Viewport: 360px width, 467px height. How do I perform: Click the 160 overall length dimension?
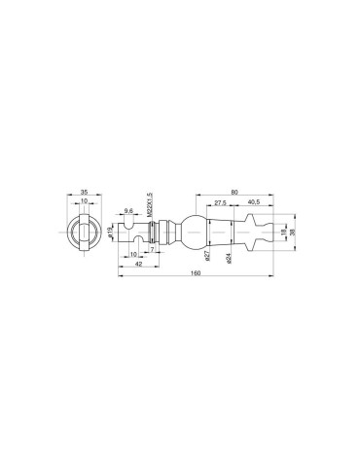point(196,272)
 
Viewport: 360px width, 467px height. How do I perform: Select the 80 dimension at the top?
point(234,192)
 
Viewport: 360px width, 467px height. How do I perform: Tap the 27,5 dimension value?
point(220,202)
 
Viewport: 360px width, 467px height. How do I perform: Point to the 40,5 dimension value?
point(254,202)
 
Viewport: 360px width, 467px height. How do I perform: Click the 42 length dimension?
point(138,264)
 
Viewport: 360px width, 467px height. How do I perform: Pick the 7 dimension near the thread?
point(152,249)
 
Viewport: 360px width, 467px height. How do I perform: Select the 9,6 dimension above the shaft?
point(128,211)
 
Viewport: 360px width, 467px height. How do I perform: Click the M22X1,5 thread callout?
point(150,205)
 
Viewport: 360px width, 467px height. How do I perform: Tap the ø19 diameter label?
point(109,233)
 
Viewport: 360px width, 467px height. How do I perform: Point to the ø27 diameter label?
point(207,256)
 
